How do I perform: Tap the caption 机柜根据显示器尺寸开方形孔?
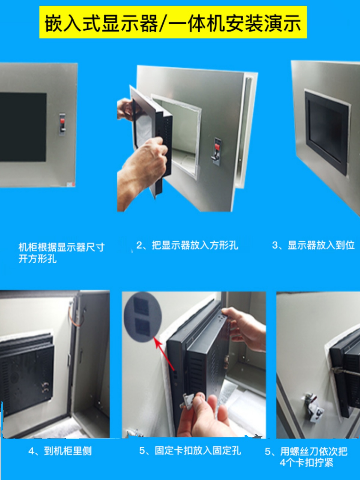click(x=61, y=253)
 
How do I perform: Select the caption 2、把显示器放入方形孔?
click(x=187, y=245)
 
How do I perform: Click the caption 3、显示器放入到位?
click(x=313, y=245)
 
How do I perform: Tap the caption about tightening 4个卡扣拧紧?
click(x=306, y=457)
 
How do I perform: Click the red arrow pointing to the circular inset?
click(x=164, y=354)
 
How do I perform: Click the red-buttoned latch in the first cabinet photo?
click(x=62, y=124)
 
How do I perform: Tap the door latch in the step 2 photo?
click(x=217, y=150)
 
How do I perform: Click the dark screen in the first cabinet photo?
click(x=23, y=127)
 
